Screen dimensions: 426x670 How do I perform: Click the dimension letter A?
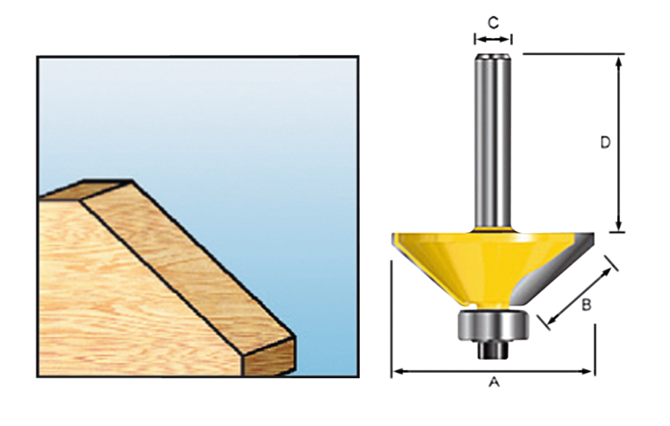pos(494,382)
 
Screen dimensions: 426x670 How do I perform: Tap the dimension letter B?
pos(586,304)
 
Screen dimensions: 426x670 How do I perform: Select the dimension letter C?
pos(493,22)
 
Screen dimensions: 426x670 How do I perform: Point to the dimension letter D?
pos(605,142)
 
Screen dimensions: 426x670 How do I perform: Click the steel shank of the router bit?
pos(493,144)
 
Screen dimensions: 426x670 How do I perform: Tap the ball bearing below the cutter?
pos(493,324)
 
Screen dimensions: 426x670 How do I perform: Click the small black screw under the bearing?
pos(493,349)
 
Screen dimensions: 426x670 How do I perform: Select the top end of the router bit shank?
pos(493,58)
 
